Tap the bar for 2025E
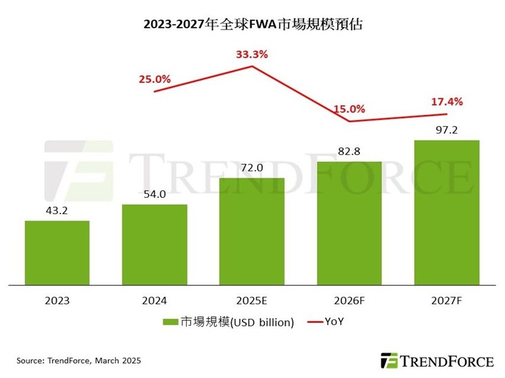click(x=252, y=231)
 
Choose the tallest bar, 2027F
click(x=446, y=212)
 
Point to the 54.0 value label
click(x=155, y=195)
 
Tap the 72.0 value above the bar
click(x=252, y=168)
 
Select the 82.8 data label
click(x=349, y=151)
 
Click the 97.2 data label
click(x=446, y=130)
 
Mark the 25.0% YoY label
click(x=155, y=79)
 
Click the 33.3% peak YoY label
click(x=252, y=54)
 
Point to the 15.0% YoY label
click(x=349, y=109)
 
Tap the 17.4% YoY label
click(x=446, y=101)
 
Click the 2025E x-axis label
click(x=252, y=301)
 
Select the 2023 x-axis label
click(x=57, y=301)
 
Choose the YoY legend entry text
click(x=334, y=322)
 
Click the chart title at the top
click(x=252, y=25)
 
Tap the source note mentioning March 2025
click(x=79, y=361)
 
